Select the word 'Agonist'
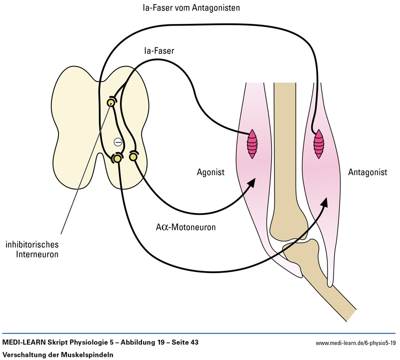click(210, 172)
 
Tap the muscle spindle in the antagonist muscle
click(318, 144)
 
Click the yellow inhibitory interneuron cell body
click(110, 102)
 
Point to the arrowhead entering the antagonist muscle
click(324, 201)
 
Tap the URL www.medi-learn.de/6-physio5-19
click(356, 343)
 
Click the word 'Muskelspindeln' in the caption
click(89, 354)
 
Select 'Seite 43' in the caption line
click(187, 342)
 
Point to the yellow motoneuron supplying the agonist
click(133, 156)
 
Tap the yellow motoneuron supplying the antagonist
click(117, 158)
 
